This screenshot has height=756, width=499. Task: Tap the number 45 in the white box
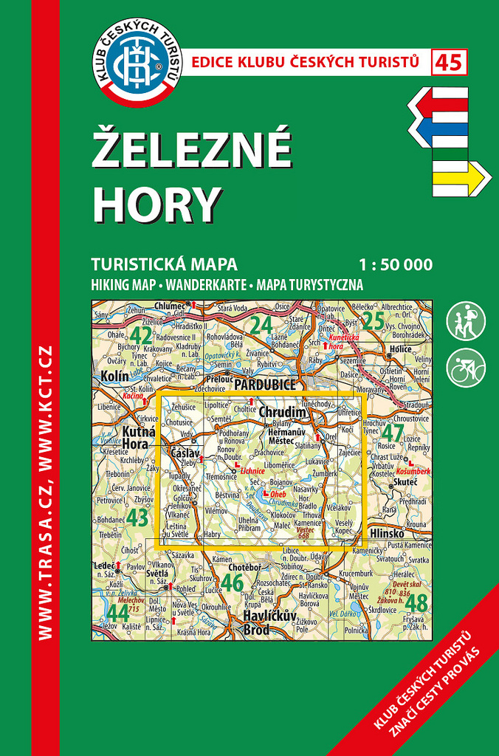450,63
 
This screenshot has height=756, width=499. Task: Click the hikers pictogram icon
466,321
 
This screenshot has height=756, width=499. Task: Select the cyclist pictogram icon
466,367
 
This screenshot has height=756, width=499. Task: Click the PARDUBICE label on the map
264,384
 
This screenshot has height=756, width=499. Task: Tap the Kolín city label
114,377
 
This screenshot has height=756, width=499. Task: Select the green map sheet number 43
138,517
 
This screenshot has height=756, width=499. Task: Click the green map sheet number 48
416,603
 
